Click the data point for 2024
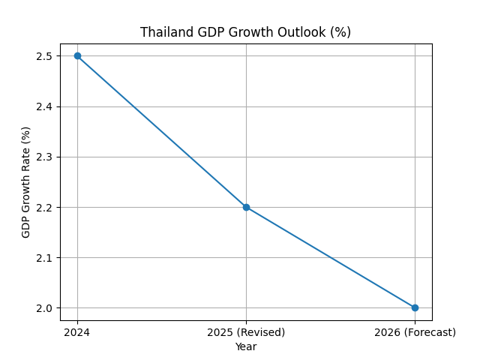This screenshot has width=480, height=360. point(77,55)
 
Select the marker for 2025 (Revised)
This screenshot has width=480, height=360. point(246,207)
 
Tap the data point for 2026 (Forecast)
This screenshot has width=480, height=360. point(415,307)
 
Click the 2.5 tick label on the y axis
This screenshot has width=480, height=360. point(43,56)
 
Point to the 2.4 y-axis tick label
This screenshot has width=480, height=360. point(43,106)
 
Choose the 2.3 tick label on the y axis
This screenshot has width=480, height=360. point(43,157)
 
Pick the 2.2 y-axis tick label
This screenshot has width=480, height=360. point(43,207)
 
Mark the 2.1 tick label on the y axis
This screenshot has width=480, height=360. point(43,257)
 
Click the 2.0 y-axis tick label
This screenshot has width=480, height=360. point(43,308)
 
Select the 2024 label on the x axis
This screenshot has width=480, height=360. point(77,332)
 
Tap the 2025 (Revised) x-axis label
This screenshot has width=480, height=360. point(246,332)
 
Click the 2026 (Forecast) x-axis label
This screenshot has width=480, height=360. point(415,332)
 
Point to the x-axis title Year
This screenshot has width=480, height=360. point(246,346)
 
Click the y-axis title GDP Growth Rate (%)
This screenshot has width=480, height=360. point(26,182)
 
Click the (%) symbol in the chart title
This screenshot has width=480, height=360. point(341,32)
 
